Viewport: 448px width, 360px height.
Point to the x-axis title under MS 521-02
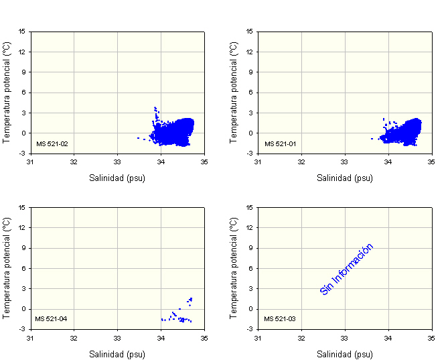tap(117, 178)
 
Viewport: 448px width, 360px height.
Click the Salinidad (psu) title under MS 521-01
tap(345, 178)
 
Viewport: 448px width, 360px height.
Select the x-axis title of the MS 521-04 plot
tap(117, 353)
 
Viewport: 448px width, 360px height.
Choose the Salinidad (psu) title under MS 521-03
tap(345, 353)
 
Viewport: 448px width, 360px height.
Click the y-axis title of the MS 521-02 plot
tap(7, 92)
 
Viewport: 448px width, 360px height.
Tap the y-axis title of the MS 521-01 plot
tap(234, 92)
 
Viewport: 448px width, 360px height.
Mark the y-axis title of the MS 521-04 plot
tap(7, 267)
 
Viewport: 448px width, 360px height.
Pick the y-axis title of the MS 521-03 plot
tap(234, 267)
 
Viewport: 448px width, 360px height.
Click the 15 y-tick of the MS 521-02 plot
tap(22, 31)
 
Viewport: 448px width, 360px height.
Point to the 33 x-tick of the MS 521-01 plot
tap(345, 162)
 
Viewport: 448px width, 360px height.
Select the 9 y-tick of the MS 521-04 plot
tap(23, 248)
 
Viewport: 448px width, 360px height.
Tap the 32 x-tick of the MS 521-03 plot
tap(301, 337)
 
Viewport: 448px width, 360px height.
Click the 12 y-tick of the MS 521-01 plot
tap(250, 52)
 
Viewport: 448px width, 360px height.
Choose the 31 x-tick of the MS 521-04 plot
tap(30, 337)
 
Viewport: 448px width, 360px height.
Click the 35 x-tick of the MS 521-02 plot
tap(204, 162)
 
